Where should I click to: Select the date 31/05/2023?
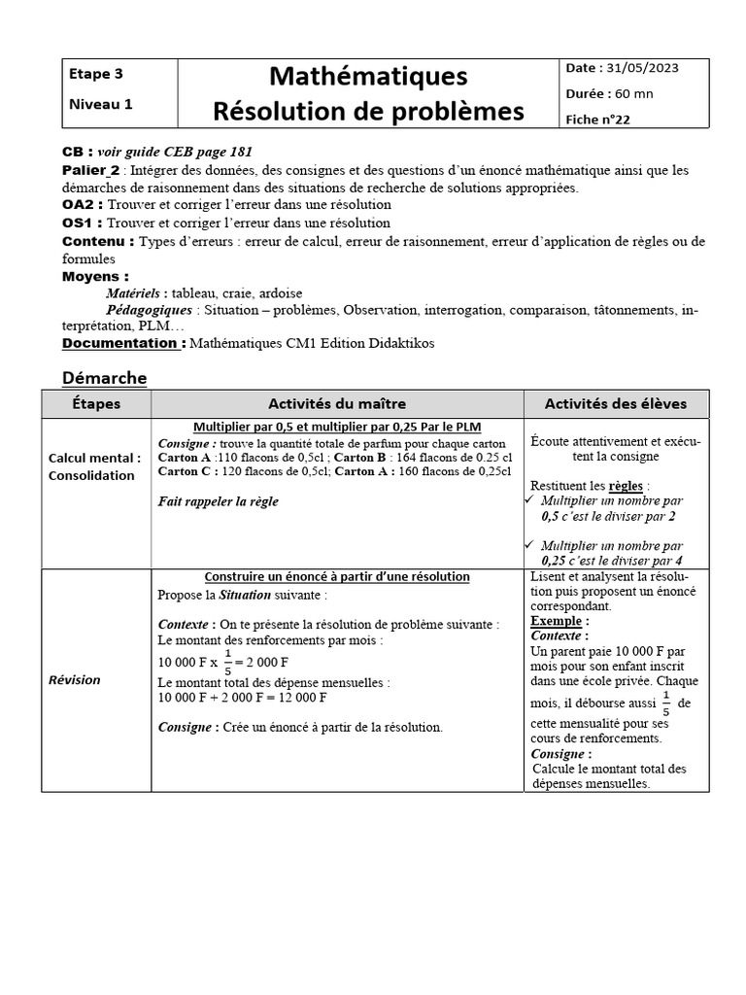(643, 68)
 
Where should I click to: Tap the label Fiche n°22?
(597, 119)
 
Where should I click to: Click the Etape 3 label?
(96, 73)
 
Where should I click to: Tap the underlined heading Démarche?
(104, 378)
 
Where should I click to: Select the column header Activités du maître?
(337, 404)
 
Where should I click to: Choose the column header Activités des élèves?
(616, 404)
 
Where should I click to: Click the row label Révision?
(75, 680)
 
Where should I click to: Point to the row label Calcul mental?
(94, 458)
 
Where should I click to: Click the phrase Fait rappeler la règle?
(218, 501)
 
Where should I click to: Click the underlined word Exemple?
(557, 620)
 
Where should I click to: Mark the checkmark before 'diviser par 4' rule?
(530, 546)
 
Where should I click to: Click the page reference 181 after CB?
(241, 153)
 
